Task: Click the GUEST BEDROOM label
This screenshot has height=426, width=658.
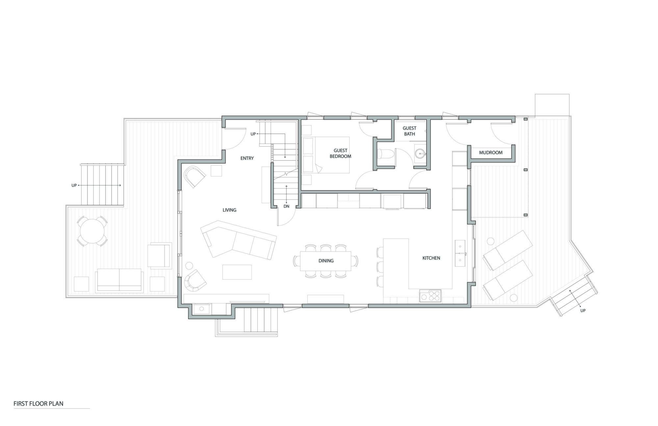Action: [x=340, y=153]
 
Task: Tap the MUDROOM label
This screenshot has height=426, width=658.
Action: [x=491, y=153]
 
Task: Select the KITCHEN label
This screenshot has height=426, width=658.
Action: [x=431, y=258]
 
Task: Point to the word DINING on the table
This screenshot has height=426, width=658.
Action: [x=326, y=261]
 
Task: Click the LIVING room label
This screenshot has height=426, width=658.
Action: [x=229, y=210]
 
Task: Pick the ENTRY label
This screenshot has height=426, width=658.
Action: [x=247, y=158]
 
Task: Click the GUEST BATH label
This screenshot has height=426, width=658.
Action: [x=409, y=131]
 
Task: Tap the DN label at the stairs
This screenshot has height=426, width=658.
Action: [x=286, y=206]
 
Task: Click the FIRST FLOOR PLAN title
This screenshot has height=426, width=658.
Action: [x=38, y=404]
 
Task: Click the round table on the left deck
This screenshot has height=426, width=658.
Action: [x=92, y=231]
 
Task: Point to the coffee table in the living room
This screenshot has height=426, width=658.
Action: [x=237, y=272]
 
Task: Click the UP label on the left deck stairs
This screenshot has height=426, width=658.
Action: [x=74, y=186]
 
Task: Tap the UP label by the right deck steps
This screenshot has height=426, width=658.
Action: [x=583, y=310]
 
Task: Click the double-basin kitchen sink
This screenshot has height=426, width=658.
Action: [x=460, y=253]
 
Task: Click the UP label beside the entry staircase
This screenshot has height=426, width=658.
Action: [x=253, y=134]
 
